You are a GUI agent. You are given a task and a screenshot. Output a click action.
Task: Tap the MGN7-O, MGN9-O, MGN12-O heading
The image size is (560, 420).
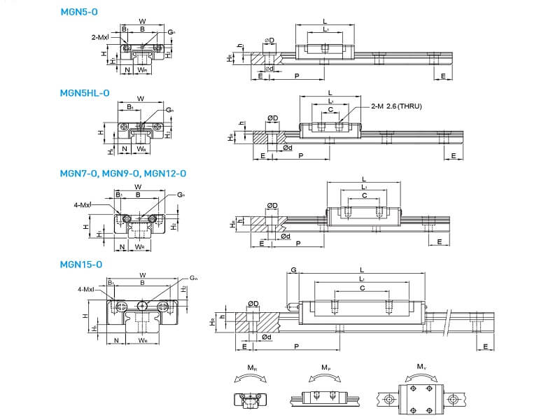pyautogui.click(x=122, y=173)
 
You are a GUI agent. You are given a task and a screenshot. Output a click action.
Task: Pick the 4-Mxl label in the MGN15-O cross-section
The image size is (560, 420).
pyautogui.click(x=87, y=288)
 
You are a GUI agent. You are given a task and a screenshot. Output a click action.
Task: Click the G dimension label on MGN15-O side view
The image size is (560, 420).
pyautogui.click(x=293, y=269)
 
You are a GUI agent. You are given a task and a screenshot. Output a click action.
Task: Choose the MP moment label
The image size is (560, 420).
pyautogui.click(x=325, y=368)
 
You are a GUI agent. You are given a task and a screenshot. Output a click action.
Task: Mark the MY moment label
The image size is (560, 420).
pyautogui.click(x=421, y=367)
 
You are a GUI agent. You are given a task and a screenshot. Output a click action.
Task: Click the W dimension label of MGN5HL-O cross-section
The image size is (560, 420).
pyautogui.click(x=141, y=99)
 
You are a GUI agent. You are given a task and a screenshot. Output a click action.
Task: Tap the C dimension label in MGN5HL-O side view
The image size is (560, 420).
pyautogui.click(x=330, y=110)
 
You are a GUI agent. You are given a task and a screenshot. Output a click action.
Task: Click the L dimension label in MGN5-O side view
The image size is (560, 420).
pyautogui.click(x=324, y=21)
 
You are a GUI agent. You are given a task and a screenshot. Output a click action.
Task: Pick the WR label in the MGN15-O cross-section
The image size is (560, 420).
pyautogui.click(x=143, y=342)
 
